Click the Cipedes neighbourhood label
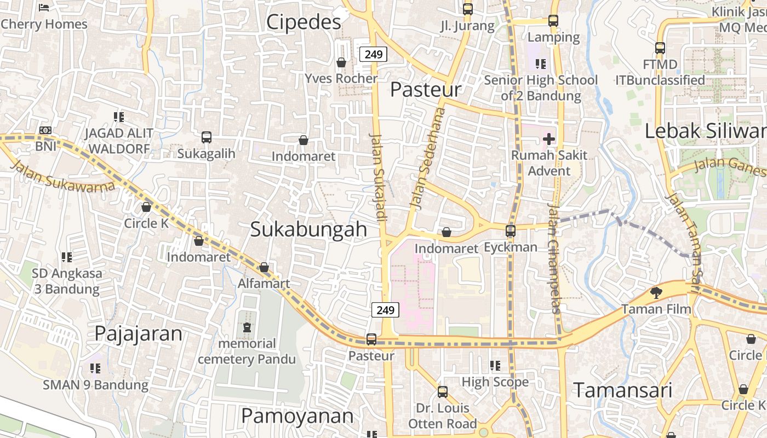coord(304,22)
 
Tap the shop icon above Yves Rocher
coord(341,63)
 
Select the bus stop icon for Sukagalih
coord(206,137)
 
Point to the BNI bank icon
coord(45,130)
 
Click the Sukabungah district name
coord(308,230)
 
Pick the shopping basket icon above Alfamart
coord(264,268)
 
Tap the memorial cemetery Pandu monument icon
coord(247,327)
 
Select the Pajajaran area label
coord(138,333)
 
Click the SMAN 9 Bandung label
coord(96,385)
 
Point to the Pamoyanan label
coord(297,416)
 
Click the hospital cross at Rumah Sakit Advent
coord(549,139)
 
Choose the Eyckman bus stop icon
coord(511,231)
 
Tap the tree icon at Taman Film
coord(656,293)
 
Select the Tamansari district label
coord(622,390)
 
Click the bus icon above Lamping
coord(553,21)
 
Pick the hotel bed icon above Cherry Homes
coord(44,8)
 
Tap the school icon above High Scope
coord(495,365)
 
